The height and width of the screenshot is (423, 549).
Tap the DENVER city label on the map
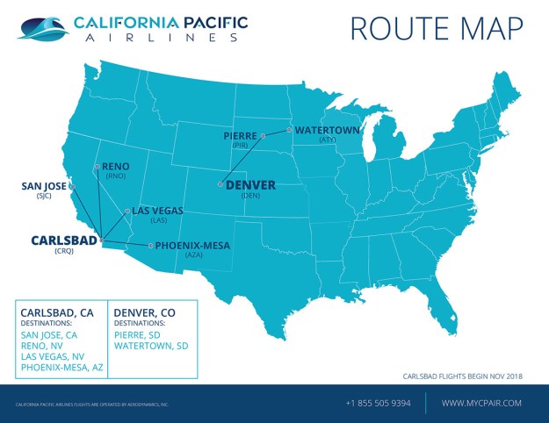tap(250, 185)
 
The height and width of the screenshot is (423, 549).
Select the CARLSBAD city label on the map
tap(64, 239)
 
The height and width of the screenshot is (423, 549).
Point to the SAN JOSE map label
tap(43, 186)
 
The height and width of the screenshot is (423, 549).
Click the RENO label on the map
tap(116, 166)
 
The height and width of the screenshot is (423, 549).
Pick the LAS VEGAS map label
tap(158, 211)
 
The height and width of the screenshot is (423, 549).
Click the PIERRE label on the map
tap(241, 136)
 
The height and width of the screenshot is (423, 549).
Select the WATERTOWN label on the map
tap(327, 130)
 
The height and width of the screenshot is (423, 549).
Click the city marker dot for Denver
tap(220, 184)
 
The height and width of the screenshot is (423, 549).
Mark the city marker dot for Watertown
tap(291, 131)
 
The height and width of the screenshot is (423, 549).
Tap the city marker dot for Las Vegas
tap(128, 211)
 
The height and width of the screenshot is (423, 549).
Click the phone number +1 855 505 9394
tap(379, 403)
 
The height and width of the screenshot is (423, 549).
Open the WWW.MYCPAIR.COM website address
tap(481, 403)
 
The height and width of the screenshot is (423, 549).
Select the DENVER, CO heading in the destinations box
tap(145, 312)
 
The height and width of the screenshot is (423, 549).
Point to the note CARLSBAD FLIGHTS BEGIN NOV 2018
tap(462, 376)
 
